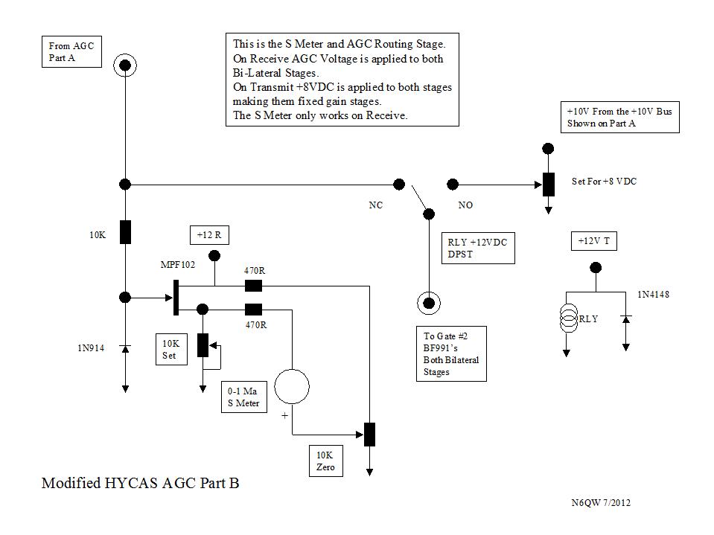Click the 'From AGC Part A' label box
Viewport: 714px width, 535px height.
pos(71,52)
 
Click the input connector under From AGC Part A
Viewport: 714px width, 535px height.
pos(125,66)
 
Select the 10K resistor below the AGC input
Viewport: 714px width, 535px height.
pos(125,232)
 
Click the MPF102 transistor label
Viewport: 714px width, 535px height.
pos(178,265)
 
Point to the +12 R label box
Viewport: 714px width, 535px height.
pos(209,236)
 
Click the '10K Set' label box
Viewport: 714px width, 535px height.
pos(170,350)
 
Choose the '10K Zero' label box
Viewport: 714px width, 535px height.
pos(325,461)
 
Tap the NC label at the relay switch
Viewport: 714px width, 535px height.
pos(376,205)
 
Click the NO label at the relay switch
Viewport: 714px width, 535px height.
pos(465,205)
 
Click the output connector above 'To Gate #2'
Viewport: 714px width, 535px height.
pos(428,301)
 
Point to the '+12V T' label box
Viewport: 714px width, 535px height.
pos(593,241)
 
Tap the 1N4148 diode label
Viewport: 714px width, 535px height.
pos(653,295)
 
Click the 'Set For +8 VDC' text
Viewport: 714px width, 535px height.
pos(604,182)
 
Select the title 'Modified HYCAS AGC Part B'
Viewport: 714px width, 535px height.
pos(141,484)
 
